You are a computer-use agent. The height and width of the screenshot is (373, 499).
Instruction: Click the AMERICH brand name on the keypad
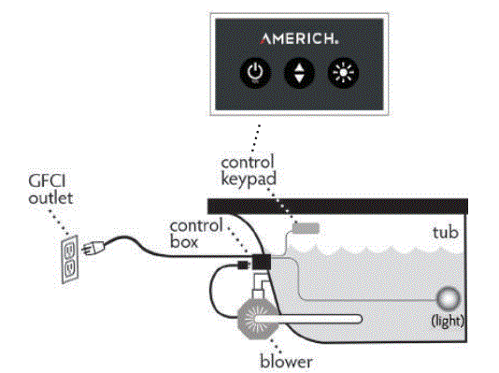click(x=298, y=38)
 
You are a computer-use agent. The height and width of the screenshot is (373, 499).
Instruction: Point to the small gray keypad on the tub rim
click(x=306, y=227)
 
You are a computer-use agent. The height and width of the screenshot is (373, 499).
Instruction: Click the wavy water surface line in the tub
click(x=374, y=251)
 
